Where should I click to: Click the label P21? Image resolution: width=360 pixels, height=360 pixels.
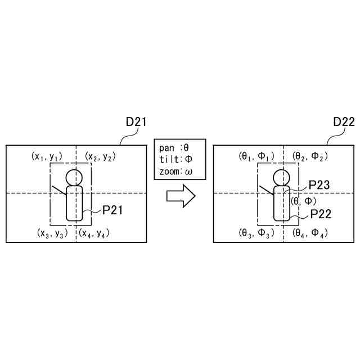click(x=112, y=210)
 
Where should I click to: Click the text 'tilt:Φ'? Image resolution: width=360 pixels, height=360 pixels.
click(x=174, y=159)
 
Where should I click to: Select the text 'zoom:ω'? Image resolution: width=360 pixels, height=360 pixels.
click(x=174, y=170)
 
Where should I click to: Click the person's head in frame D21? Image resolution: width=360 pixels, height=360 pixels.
click(x=74, y=177)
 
